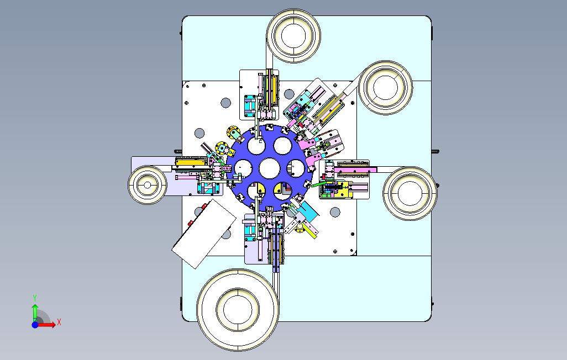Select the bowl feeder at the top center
click(x=293, y=36)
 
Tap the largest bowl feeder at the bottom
click(x=238, y=310)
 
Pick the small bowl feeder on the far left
click(x=147, y=185)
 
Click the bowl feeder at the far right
click(x=410, y=193)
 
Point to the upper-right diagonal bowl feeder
click(x=386, y=87)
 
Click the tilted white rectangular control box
click(x=204, y=234)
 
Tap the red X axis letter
click(x=59, y=322)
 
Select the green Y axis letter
click(x=35, y=298)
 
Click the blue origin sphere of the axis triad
click(x=35, y=325)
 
